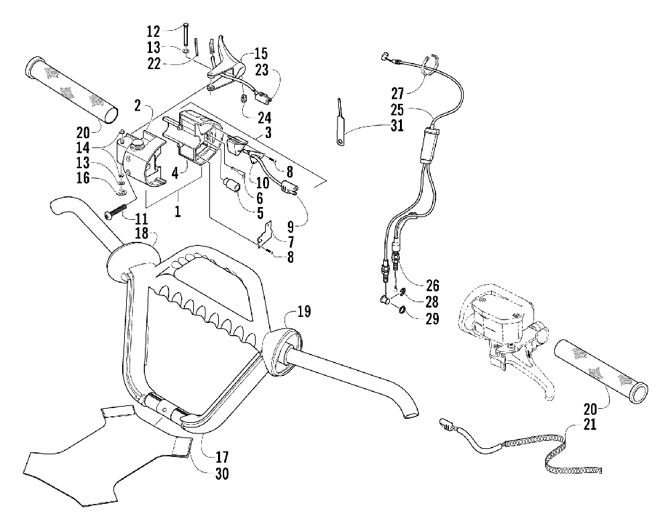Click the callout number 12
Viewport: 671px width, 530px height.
click(153, 31)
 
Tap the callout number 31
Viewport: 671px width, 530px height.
click(397, 126)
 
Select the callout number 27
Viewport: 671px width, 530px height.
click(397, 93)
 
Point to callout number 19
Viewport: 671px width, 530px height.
click(304, 311)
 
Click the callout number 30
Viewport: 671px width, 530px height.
click(222, 474)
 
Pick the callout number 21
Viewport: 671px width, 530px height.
click(590, 425)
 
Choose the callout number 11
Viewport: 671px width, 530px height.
click(141, 219)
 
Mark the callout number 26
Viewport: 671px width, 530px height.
click(432, 285)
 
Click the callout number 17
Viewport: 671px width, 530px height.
click(221, 457)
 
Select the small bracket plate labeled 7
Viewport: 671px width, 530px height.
click(265, 233)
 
